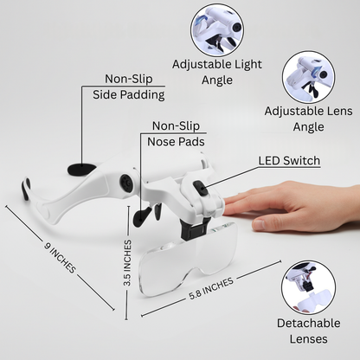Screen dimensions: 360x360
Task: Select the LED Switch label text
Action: pyautogui.click(x=289, y=161)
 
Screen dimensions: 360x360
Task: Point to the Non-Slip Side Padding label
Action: pyautogui.click(x=128, y=86)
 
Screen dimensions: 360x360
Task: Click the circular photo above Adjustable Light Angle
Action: pyautogui.click(x=216, y=27)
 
